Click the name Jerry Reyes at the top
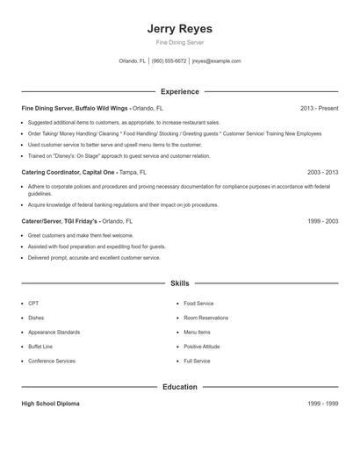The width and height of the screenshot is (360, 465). (179, 29)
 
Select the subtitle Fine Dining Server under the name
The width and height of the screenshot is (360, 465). (179, 43)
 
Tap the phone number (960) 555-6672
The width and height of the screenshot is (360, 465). (169, 61)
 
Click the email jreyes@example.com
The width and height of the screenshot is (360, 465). (216, 61)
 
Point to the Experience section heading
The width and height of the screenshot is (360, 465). (179, 91)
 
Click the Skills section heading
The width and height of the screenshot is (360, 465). (179, 283)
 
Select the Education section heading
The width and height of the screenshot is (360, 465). (179, 386)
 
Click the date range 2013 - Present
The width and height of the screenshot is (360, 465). (319, 108)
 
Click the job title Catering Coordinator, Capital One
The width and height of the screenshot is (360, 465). (68, 173)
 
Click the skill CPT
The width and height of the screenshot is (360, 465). (33, 303)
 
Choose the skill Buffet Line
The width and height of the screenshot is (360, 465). (40, 347)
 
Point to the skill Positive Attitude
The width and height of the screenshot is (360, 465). (202, 347)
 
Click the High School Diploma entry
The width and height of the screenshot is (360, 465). (50, 403)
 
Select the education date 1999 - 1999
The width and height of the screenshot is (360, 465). (322, 403)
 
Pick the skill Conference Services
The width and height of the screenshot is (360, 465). (52, 361)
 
